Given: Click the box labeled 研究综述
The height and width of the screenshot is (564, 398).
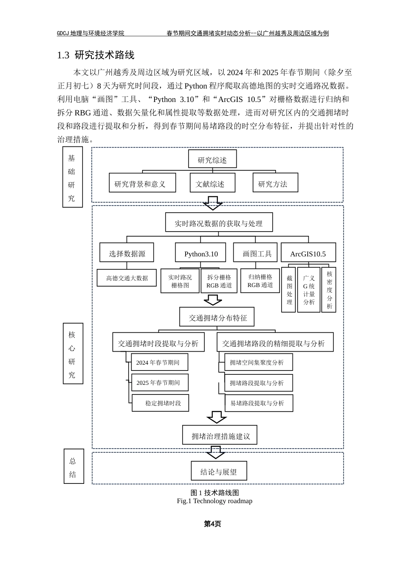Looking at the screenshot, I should (212, 159).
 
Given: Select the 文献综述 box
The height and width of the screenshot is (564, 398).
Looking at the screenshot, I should (212, 183).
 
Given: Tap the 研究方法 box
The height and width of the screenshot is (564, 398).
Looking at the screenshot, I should (275, 183).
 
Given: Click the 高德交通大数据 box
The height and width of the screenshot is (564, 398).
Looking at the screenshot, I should (127, 278).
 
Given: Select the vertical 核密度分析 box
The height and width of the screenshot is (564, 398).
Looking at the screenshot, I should (329, 290).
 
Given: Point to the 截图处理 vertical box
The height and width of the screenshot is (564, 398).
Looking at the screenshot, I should (289, 290).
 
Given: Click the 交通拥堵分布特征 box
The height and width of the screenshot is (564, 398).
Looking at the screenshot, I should (217, 317).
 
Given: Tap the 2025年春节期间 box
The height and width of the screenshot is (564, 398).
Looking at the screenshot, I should (160, 382).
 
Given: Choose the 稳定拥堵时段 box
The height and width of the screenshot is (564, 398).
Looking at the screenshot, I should (160, 403).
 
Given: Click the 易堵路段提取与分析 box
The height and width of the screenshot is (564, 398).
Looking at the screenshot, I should (258, 403).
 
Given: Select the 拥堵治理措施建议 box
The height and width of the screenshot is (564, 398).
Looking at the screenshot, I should (220, 435).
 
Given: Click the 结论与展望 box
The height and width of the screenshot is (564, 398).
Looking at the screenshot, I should (219, 471).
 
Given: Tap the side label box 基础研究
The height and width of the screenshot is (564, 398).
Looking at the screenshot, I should (72, 177).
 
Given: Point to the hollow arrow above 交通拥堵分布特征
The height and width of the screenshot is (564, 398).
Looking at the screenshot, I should (213, 300).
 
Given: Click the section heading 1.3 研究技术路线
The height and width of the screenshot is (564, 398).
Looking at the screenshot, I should (96, 55).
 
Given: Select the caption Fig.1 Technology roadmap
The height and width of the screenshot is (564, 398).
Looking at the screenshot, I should (215, 501).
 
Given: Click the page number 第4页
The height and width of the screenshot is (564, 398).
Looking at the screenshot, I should (212, 524).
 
